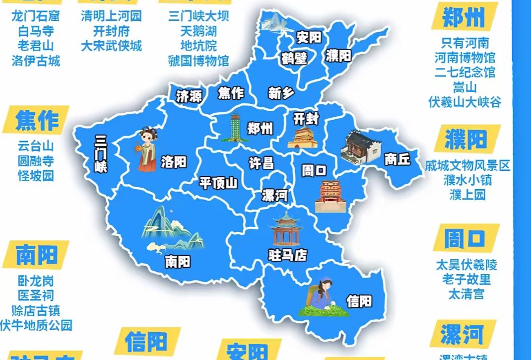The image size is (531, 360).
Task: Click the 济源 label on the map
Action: pyautogui.click(x=189, y=96)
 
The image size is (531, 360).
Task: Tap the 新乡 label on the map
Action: pyautogui.click(x=281, y=93)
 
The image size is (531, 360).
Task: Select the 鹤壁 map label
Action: pyautogui.click(x=294, y=58)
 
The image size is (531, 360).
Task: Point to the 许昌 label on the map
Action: pyautogui.click(x=262, y=163)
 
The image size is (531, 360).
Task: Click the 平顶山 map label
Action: pyautogui.click(x=218, y=183)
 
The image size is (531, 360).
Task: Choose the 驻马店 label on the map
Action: pyautogui.click(x=288, y=256)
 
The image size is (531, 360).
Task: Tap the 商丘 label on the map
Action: pyautogui.click(x=398, y=159)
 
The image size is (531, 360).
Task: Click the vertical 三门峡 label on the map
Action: pyautogui.click(x=101, y=153)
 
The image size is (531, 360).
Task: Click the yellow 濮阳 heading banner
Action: pyautogui.click(x=465, y=141)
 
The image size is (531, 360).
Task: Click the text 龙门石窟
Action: pyautogui.click(x=35, y=16)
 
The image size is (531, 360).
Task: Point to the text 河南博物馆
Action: pyautogui.click(x=465, y=58)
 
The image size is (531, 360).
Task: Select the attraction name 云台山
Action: pyautogui.click(x=35, y=146)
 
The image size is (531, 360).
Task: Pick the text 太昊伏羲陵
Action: pyautogui.click(x=466, y=265)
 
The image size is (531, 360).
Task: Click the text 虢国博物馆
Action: pyautogui.click(x=199, y=61)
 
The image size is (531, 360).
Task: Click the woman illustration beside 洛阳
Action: pyautogui.click(x=146, y=149)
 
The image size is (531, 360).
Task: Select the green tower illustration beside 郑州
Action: pyautogui.click(x=235, y=128)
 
